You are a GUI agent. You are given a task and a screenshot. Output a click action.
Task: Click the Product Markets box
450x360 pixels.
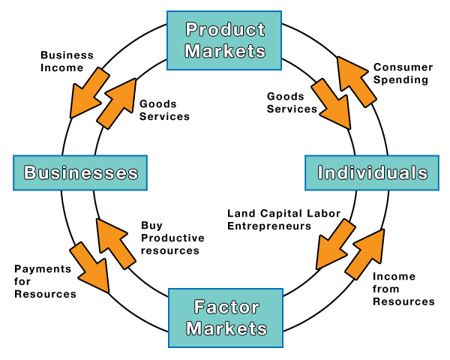(x=225, y=40)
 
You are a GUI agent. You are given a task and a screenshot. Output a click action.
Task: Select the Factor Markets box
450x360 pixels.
(x=226, y=317)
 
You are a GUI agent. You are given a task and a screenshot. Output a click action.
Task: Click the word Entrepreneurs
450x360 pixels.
(x=269, y=226)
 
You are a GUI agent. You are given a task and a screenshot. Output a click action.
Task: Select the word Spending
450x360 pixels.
(x=401, y=79)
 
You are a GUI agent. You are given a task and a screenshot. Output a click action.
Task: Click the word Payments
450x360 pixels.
(x=43, y=268)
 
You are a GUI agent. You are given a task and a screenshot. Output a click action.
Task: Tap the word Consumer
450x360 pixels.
(x=403, y=67)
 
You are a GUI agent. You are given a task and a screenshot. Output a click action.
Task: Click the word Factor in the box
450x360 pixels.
(x=226, y=307)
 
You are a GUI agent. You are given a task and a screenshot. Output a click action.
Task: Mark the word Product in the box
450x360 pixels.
(x=226, y=29)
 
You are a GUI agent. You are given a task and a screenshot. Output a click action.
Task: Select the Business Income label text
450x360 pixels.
(x=67, y=61)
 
